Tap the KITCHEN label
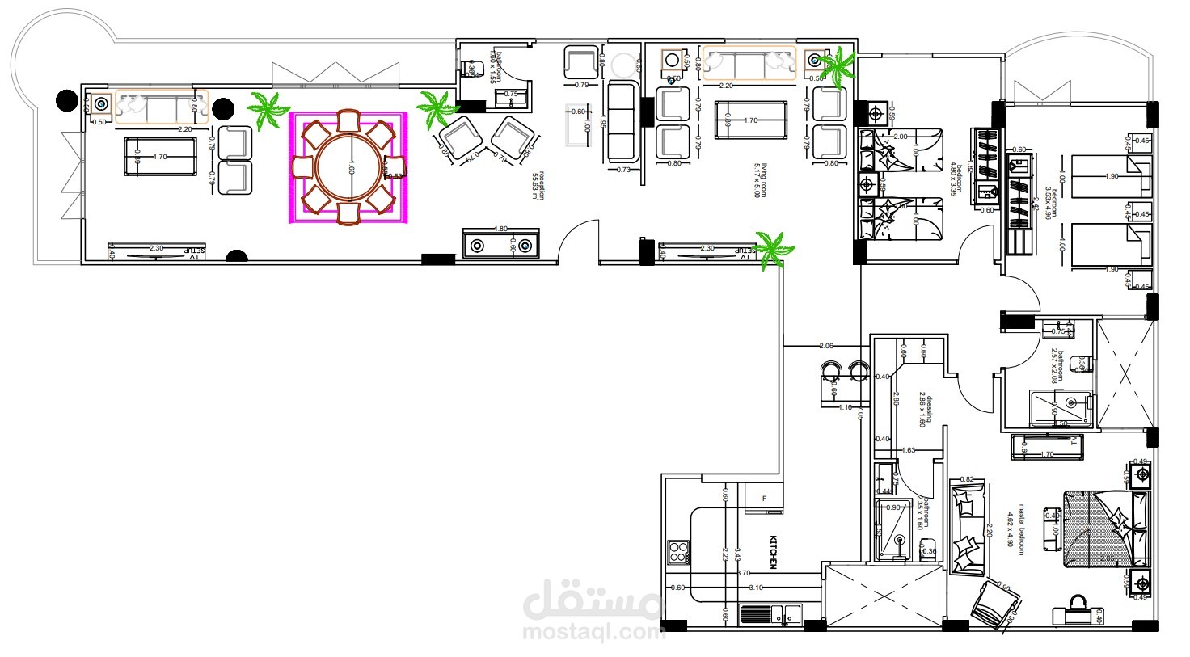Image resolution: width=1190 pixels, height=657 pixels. [773, 551]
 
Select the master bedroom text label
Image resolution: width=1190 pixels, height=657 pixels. [1015, 530]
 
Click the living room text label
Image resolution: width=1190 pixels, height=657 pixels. [760, 181]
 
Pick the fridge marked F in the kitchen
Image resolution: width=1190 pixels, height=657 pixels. [765, 499]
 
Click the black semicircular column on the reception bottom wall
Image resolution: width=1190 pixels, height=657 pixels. [236, 257]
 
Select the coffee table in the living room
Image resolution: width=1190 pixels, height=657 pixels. [750, 120]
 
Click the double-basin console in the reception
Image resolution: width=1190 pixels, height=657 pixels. [501, 244]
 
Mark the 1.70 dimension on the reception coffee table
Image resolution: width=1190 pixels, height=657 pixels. [160, 157]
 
